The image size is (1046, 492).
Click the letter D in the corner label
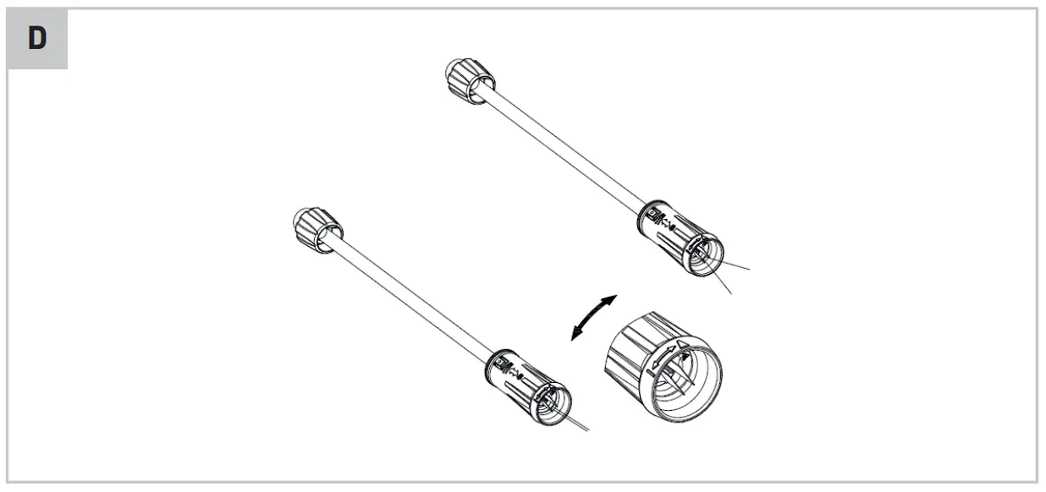[37, 39]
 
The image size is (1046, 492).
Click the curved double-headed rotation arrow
[593, 318]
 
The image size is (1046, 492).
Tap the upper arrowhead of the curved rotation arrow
[611, 301]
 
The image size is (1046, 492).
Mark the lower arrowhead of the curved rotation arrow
[576, 336]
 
